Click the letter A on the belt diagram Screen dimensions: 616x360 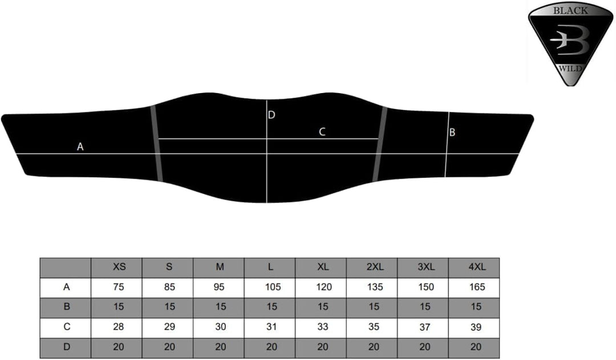[x=80, y=147]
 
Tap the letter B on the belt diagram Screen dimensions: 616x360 [x=452, y=132]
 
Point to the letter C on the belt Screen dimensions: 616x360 [x=322, y=132]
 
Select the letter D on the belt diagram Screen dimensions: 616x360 [x=271, y=115]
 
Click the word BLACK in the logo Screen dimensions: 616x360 [x=570, y=11]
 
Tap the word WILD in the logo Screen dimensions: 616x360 [x=570, y=68]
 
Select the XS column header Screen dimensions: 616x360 [x=119, y=267]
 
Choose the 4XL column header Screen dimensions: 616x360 [x=477, y=267]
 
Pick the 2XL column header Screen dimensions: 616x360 [x=375, y=267]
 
